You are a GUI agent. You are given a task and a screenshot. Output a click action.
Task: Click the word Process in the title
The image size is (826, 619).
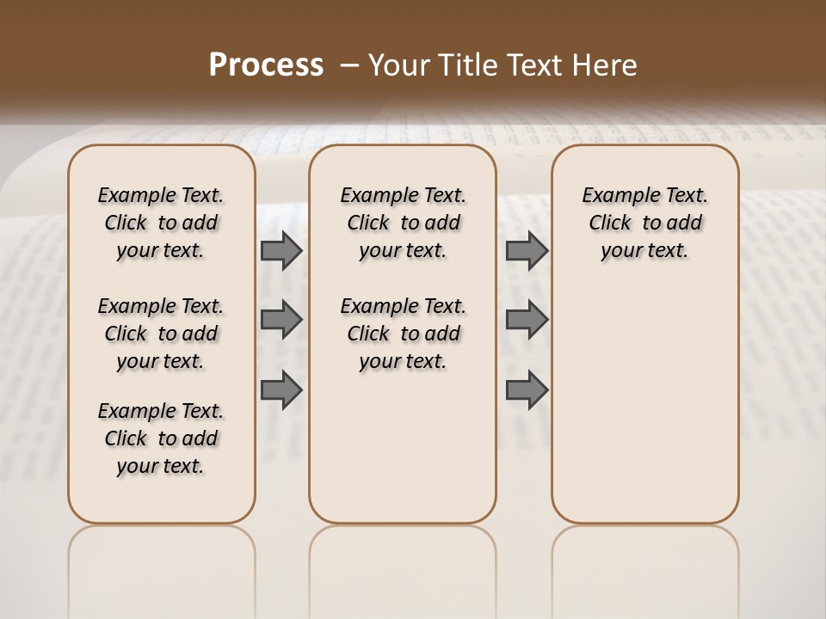point(266,65)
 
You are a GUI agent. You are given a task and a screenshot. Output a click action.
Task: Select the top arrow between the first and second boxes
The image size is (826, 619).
point(281,251)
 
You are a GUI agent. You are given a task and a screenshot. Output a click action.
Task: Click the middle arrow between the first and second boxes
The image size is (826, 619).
point(281,320)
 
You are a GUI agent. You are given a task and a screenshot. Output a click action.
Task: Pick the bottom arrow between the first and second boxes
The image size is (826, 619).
point(281,389)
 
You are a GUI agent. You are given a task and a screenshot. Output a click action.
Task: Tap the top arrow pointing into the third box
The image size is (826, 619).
point(527,251)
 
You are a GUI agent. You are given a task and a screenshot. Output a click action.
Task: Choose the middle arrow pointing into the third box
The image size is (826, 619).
point(527,320)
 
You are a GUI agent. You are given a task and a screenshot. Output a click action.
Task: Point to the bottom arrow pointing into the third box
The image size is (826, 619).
point(527,389)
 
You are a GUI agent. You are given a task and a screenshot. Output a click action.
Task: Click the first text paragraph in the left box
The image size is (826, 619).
point(161,223)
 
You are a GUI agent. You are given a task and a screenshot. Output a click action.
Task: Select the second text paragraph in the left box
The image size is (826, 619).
point(161,334)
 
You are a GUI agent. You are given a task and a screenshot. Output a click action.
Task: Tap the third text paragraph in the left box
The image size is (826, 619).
point(161,438)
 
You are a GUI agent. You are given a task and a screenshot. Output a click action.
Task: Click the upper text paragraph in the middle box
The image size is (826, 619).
point(403,223)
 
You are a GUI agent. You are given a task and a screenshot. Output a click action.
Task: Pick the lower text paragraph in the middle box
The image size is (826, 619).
point(403,334)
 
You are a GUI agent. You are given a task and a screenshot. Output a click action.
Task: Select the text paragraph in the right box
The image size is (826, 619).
point(644,223)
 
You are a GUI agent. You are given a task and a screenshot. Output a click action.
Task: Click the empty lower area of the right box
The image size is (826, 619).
point(644,404)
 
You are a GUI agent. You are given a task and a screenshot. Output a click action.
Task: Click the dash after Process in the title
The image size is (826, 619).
point(350,65)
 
